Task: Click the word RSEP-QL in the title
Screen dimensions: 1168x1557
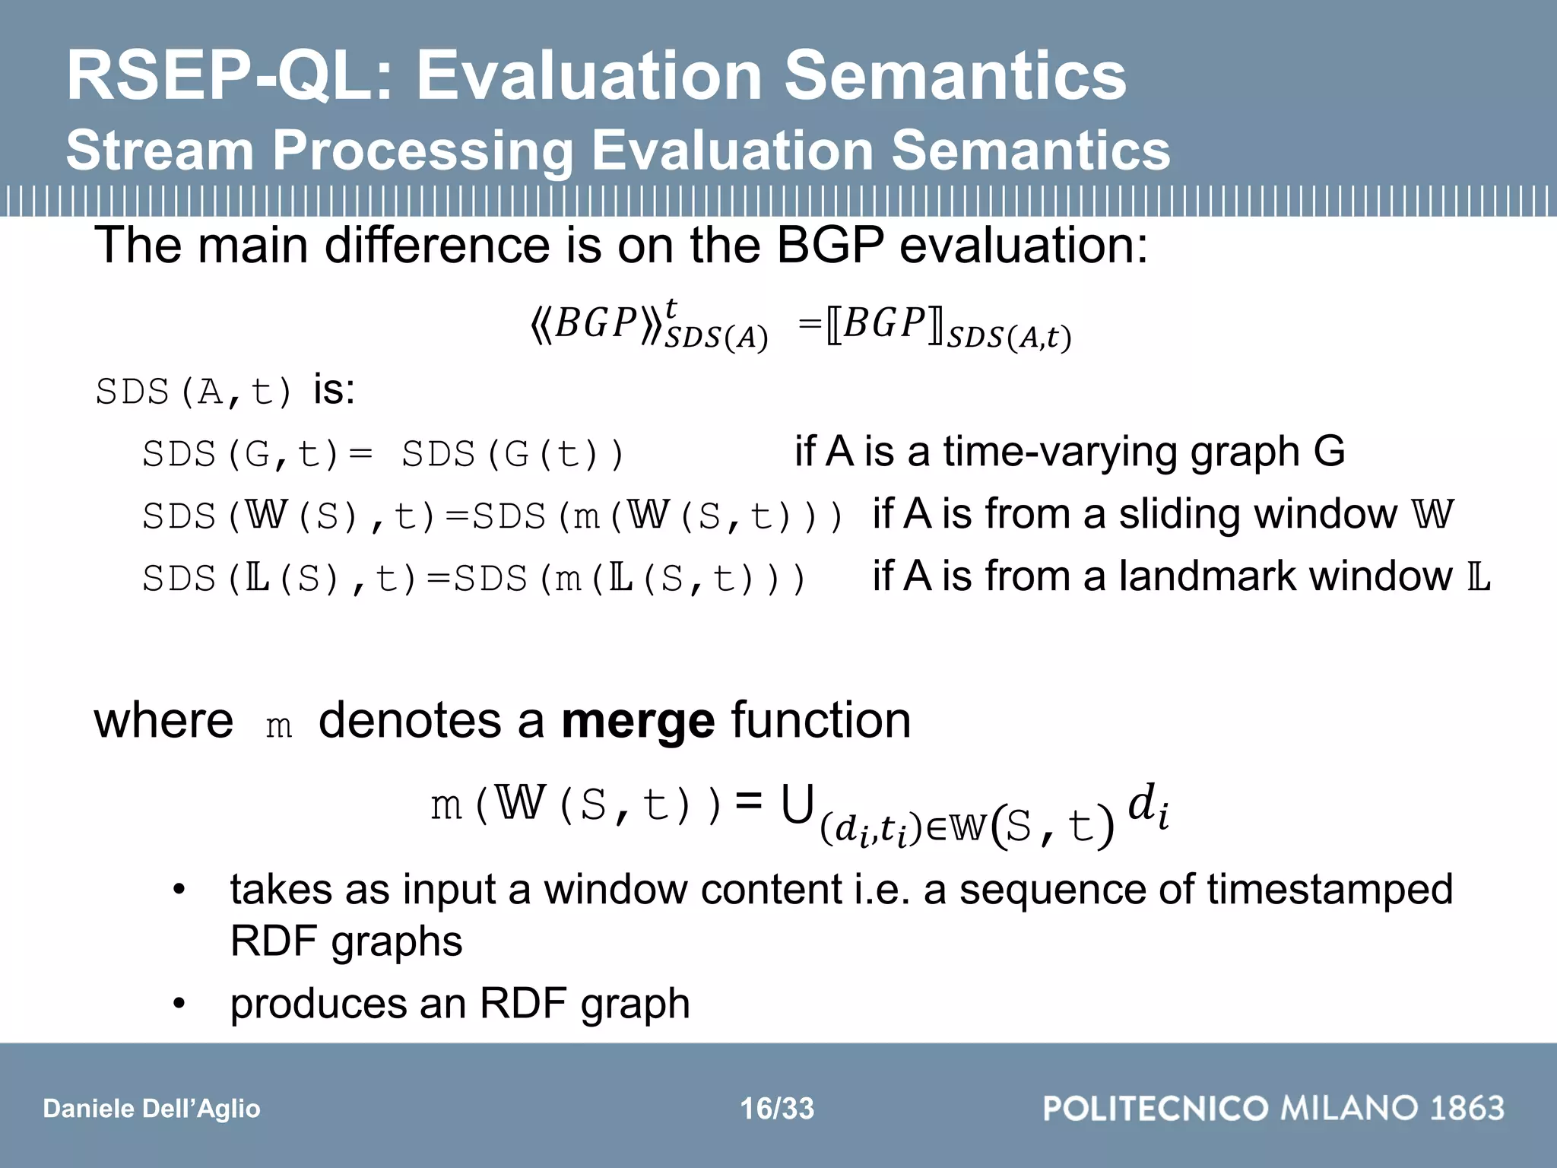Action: pos(228,76)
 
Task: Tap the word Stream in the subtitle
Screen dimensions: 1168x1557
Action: pos(160,150)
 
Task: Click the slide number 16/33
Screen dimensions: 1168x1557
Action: pos(777,1109)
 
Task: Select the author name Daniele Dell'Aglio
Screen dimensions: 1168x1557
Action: pos(151,1109)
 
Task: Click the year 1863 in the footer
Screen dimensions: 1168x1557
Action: pos(1467,1108)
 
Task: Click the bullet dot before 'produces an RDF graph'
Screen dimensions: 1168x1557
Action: pos(179,1004)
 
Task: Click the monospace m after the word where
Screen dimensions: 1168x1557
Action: pos(279,725)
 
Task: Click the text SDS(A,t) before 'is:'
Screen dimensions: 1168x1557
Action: pos(194,392)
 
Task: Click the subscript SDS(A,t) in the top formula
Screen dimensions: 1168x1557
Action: pos(1008,336)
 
